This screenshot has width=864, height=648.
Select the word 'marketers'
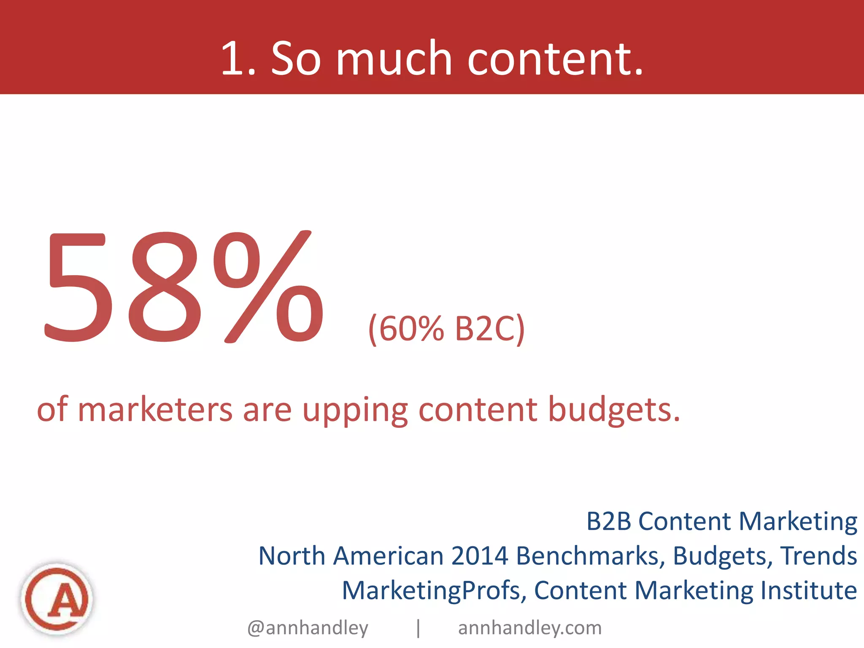[x=155, y=410]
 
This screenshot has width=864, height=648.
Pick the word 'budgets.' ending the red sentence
[x=614, y=410]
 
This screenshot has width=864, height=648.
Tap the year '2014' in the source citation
[x=480, y=556]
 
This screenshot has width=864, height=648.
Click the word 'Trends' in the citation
[x=818, y=556]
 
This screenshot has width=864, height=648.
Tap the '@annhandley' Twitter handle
[x=308, y=628]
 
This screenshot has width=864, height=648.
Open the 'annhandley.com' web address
[x=530, y=628]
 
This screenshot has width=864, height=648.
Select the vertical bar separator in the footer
[x=418, y=628]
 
